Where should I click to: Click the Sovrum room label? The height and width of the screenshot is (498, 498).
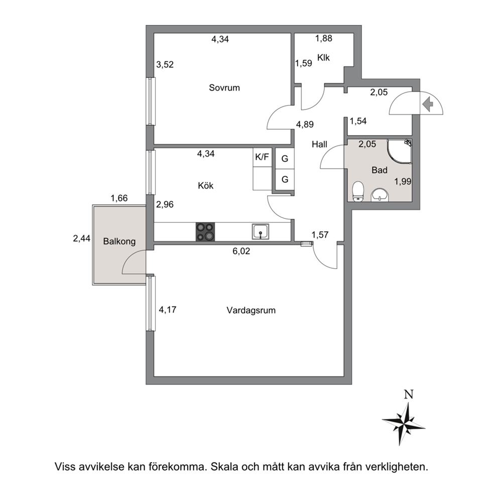(x=224, y=88)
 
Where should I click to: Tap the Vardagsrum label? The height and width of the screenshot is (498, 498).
(x=251, y=310)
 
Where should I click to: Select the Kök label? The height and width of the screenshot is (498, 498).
(x=205, y=185)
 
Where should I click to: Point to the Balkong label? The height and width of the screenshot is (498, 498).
(x=119, y=241)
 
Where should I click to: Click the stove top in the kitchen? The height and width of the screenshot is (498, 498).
(x=205, y=232)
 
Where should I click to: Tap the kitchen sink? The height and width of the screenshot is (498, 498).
(x=261, y=231)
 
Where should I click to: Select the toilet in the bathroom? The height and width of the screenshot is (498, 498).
(x=358, y=191)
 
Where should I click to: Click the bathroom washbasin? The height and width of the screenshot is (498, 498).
(x=380, y=195)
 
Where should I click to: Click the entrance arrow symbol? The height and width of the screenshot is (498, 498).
(x=428, y=104)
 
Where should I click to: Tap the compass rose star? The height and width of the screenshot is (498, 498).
(x=403, y=424)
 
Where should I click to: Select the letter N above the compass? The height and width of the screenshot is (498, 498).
(x=409, y=395)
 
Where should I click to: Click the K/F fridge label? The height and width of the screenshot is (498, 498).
(x=262, y=157)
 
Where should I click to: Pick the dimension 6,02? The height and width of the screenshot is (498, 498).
(x=241, y=251)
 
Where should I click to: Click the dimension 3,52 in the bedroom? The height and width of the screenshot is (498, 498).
(x=165, y=64)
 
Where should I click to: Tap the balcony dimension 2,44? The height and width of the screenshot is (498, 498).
(x=82, y=238)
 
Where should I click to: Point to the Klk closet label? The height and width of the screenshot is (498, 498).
(x=324, y=58)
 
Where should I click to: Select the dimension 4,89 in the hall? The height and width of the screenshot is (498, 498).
(x=305, y=124)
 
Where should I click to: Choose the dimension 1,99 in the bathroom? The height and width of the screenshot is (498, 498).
(x=403, y=181)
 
